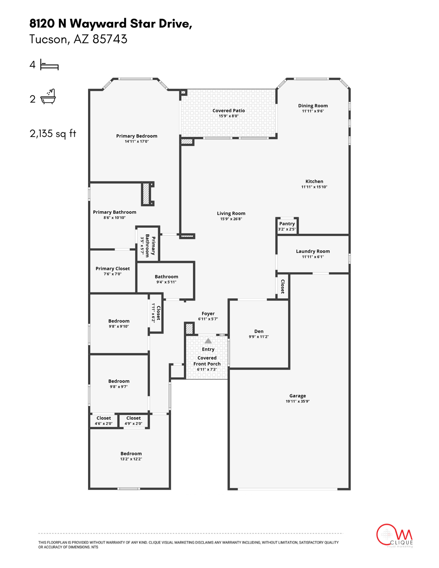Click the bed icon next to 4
coord(49,65)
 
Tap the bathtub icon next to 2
coord(48,97)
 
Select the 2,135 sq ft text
coord(53,133)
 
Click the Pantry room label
coord(287,224)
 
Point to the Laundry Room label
coord(313,251)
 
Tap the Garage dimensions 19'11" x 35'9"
coord(297,401)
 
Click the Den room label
coord(259,331)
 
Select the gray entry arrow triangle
coord(208,341)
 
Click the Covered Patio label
coord(229,111)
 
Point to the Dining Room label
coord(313,106)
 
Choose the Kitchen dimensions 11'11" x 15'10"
coord(314,187)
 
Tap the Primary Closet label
coord(112,269)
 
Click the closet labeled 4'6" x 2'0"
coord(104,421)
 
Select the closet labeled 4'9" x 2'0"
coord(134,421)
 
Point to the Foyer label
coord(208,314)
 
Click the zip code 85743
coord(110,39)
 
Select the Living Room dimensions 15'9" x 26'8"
coord(231,219)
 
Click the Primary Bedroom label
coord(136,136)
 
